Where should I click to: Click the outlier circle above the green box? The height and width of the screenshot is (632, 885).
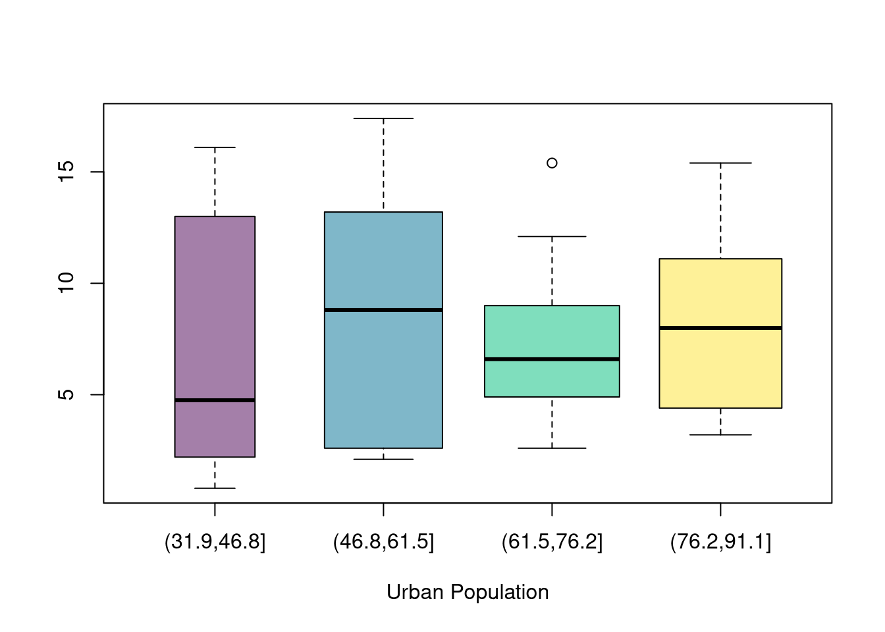[x=552, y=163]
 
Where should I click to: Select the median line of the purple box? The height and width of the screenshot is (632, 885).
[x=215, y=400]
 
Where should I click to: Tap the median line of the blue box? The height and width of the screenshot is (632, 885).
[x=383, y=309]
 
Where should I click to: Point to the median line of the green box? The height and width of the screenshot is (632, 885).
[x=552, y=359]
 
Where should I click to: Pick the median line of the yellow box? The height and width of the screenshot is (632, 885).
[x=720, y=327]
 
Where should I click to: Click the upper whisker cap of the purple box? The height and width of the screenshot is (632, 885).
[x=215, y=147]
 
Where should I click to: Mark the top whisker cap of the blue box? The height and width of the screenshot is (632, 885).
[x=383, y=118]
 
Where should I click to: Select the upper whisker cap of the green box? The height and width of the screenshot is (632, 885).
[x=552, y=236]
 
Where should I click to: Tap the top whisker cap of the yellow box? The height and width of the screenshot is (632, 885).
[x=720, y=163]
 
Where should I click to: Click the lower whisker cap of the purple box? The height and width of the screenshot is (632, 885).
[x=215, y=488]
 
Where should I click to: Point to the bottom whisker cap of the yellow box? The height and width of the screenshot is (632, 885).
[x=720, y=434]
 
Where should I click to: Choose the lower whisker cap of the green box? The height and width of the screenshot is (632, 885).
[x=552, y=448]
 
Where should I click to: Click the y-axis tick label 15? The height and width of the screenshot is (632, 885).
[x=67, y=172]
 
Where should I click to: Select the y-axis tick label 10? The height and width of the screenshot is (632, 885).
[x=67, y=283]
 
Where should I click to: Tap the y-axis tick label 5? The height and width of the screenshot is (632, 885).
[x=67, y=394]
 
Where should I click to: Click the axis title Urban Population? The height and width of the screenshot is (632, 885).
[x=468, y=592]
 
